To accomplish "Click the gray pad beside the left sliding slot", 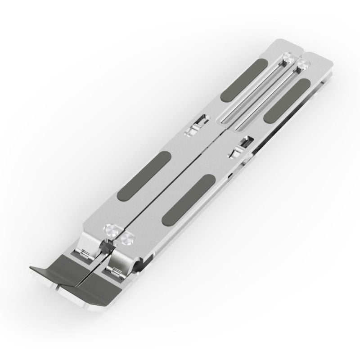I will (x=240, y=82).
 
